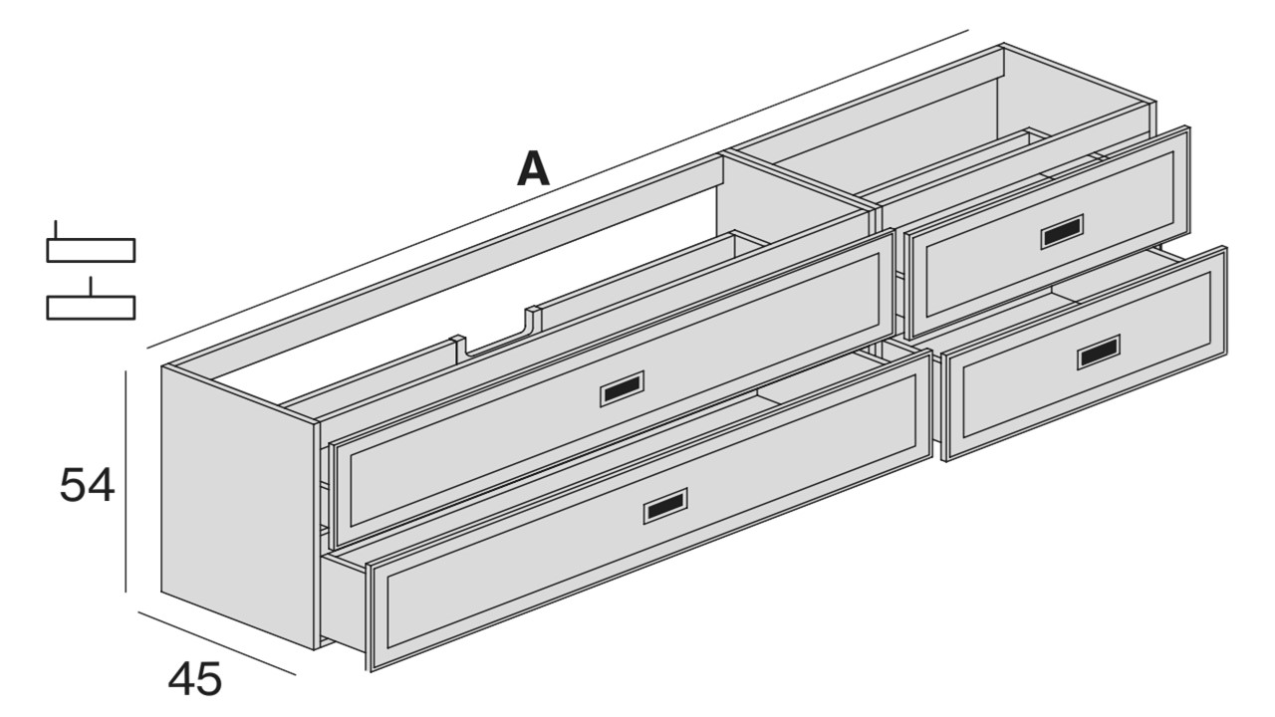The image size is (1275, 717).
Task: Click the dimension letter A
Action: [533, 170]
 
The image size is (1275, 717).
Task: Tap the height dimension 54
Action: [87, 485]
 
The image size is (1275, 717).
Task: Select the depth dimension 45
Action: [194, 679]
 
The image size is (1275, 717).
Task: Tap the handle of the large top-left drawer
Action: [623, 389]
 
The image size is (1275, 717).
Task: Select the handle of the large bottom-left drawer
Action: [665, 505]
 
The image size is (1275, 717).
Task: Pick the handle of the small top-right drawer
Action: [1062, 232]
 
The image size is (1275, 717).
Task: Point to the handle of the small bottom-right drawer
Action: [1099, 353]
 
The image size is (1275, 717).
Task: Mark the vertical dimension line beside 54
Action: [126, 481]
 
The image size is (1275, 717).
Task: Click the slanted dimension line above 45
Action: [217, 643]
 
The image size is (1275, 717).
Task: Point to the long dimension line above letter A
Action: [558, 188]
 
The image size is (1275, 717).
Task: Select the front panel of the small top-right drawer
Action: [1047, 233]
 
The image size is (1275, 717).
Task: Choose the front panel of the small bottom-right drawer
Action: [1084, 354]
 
